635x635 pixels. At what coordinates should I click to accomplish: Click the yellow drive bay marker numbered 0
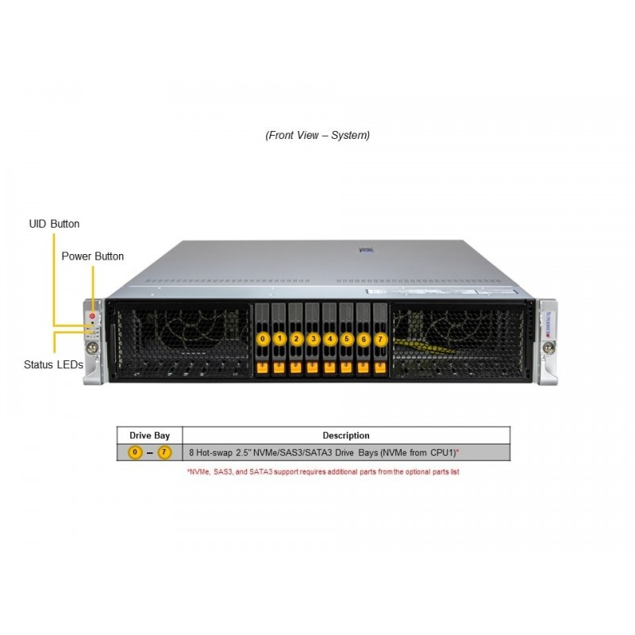[263, 339]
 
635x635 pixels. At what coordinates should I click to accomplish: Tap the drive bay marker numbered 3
[313, 339]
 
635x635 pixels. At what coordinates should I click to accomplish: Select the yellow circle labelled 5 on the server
[346, 339]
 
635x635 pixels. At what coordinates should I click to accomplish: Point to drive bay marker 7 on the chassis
[380, 339]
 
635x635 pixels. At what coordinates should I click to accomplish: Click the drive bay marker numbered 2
[296, 339]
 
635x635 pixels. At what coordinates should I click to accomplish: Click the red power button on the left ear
[93, 317]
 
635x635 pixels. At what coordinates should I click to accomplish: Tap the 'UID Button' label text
[54, 224]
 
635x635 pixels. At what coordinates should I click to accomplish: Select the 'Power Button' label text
[92, 256]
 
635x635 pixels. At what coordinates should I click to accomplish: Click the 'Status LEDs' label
[54, 364]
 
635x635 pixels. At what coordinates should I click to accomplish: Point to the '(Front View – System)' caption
[317, 135]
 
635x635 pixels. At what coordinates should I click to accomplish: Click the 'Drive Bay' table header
[150, 435]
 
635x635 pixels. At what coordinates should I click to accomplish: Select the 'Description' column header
[346, 435]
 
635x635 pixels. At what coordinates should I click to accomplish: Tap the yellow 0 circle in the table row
[135, 452]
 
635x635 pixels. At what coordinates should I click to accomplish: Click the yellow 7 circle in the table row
[164, 452]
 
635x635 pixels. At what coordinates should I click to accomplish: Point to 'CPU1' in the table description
[442, 452]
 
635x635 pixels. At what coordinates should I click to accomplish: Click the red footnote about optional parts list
[323, 471]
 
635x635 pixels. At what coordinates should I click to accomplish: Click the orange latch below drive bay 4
[329, 368]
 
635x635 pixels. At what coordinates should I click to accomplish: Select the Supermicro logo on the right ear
[546, 321]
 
